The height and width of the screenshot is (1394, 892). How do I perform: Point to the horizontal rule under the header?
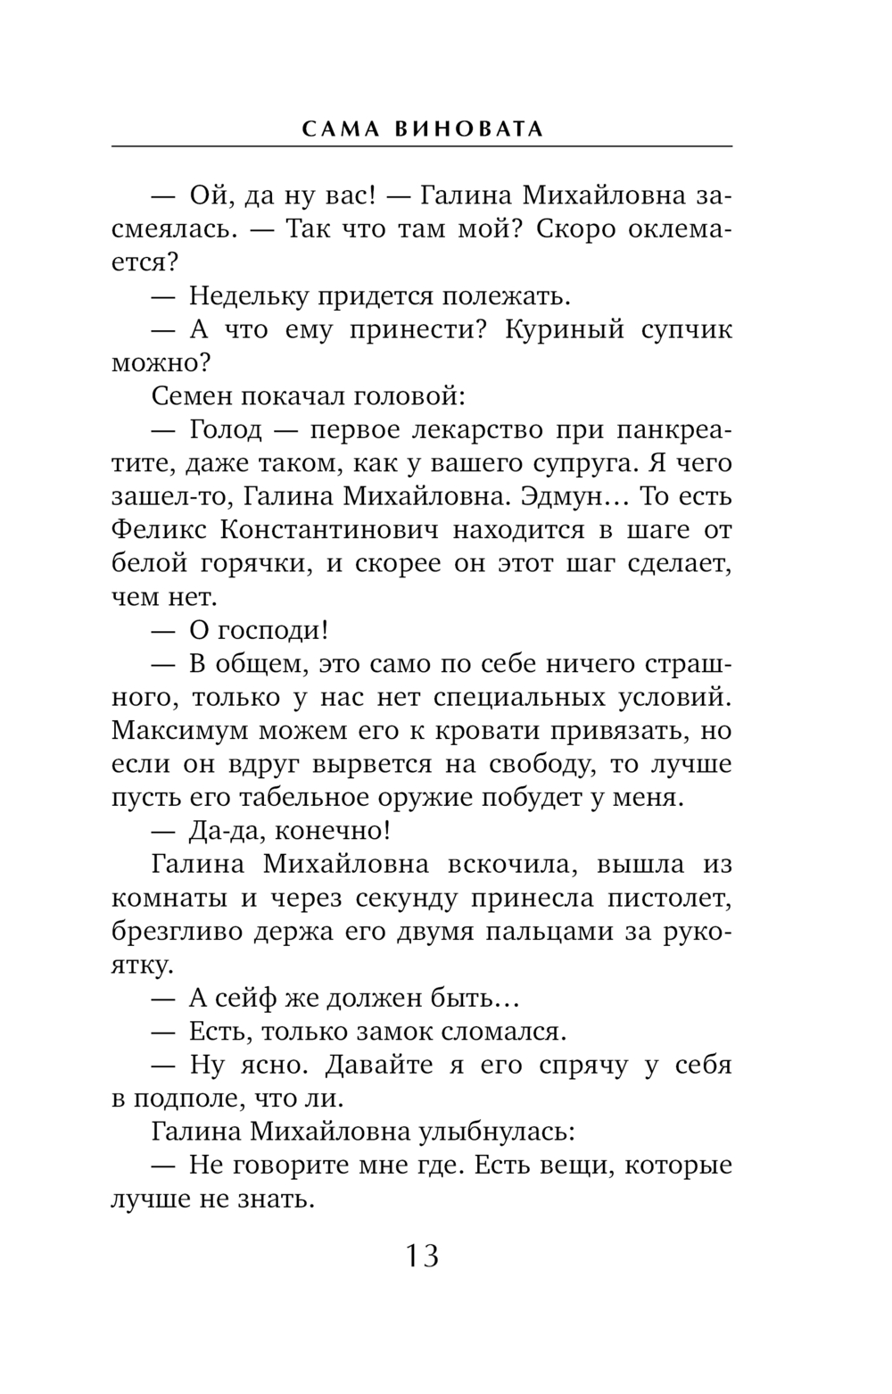tap(422, 145)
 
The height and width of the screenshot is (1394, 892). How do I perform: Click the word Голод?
tap(226, 429)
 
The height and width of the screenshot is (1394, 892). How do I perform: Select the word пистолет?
tap(671, 897)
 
